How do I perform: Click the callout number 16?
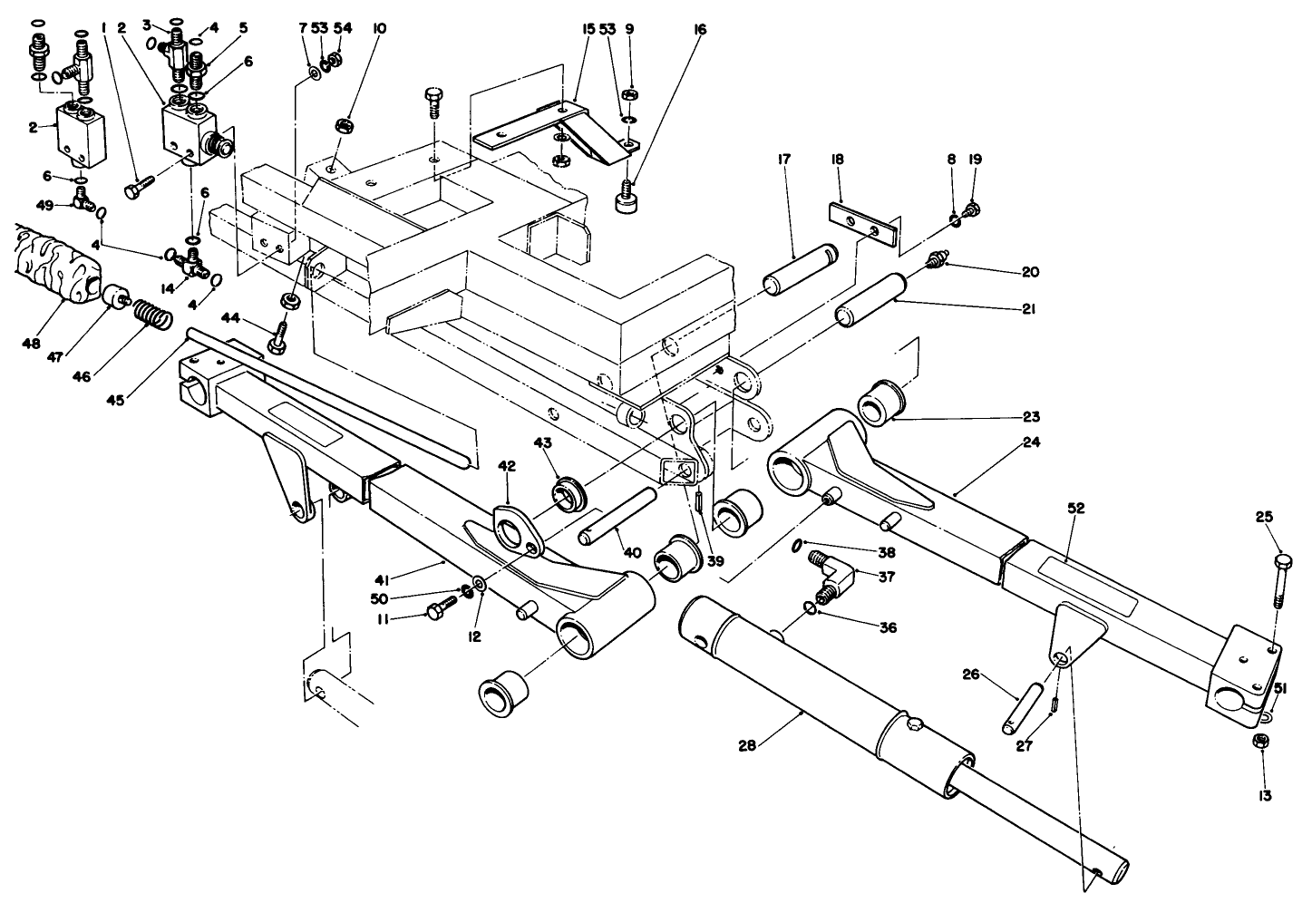click(x=699, y=30)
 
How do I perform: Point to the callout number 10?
click(x=379, y=29)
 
